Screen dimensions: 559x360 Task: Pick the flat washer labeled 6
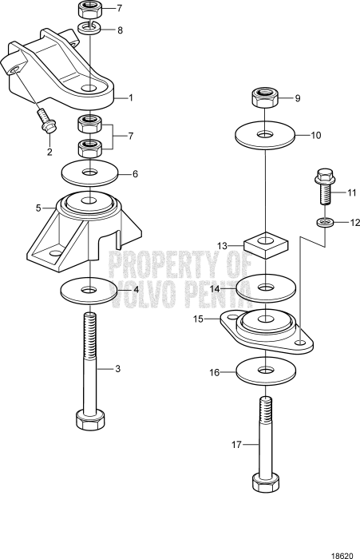tap(89, 172)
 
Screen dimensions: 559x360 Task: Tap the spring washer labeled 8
tap(90, 30)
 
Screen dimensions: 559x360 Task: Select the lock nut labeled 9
tap(264, 99)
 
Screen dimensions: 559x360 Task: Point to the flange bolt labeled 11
tap(325, 186)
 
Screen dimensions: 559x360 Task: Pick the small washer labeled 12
tap(324, 221)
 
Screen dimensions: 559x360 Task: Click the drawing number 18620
tap(342, 552)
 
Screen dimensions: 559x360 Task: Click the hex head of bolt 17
tap(264, 483)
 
